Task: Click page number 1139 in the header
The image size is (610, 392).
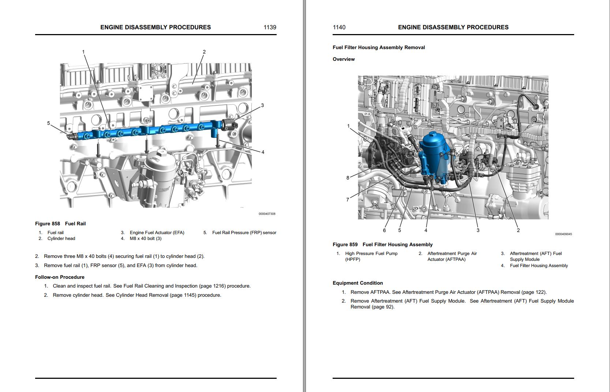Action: coord(270,27)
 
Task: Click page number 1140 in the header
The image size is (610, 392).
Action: coord(339,27)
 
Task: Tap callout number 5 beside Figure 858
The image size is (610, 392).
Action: coord(48,123)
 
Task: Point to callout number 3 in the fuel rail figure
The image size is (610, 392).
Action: coord(262,106)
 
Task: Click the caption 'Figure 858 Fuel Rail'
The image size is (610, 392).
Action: coord(60,223)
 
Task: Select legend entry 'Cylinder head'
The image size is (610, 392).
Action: coord(61,238)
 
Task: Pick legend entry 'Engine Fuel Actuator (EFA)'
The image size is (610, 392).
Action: coord(157,233)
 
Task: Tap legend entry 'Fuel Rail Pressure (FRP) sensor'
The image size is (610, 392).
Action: coord(244,233)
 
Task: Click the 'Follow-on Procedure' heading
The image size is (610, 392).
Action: coord(60,277)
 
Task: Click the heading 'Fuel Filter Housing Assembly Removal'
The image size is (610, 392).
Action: coord(379,47)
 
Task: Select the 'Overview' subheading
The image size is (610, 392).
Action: coord(344,59)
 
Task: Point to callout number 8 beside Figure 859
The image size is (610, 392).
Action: coord(348,178)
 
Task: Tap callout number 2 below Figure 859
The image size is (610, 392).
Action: coord(518,230)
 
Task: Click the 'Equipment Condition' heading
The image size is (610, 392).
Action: coord(358,283)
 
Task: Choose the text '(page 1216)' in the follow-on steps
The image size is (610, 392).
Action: coord(212,286)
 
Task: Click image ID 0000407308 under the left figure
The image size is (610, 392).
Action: coord(267,214)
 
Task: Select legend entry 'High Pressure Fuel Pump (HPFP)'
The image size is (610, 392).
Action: coord(371,256)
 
